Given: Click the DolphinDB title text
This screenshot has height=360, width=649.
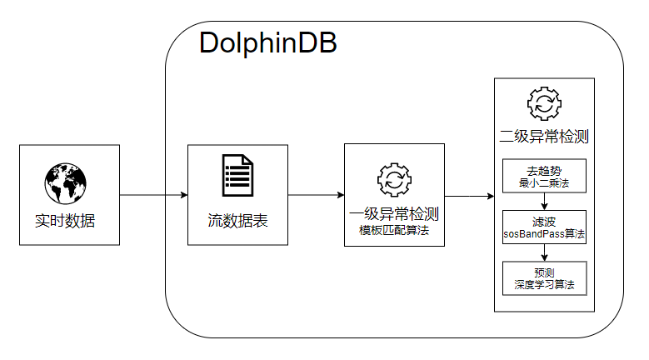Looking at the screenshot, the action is (267, 42).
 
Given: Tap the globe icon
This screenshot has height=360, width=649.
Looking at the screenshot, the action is (65, 183).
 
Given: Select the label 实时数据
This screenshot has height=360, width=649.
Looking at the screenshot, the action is (65, 221).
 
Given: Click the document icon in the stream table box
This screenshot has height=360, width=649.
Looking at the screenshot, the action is (237, 176).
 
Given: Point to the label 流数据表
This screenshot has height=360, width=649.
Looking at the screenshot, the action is (237, 221).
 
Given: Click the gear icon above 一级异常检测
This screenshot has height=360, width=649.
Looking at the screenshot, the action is (394, 180).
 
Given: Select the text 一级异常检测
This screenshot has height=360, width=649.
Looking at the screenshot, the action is (394, 214).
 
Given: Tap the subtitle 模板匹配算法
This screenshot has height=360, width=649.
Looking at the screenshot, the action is (394, 231).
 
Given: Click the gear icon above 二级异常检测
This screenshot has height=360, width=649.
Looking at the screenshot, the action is (544, 103).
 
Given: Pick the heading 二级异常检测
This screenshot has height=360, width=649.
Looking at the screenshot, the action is (544, 137).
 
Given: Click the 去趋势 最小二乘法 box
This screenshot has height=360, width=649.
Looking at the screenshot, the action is (544, 176).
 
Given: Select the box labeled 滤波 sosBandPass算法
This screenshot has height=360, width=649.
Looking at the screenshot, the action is (544, 227).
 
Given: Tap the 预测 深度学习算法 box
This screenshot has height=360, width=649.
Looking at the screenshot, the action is (544, 278).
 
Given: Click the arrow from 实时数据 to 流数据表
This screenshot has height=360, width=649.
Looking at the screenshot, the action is (153, 195).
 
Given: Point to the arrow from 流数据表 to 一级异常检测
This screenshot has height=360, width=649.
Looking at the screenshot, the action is (317, 195).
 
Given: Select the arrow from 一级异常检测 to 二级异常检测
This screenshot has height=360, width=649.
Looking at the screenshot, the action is (469, 196).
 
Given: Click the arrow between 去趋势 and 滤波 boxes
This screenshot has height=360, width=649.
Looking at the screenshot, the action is (544, 202).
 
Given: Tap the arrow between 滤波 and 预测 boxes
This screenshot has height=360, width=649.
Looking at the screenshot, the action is (544, 252).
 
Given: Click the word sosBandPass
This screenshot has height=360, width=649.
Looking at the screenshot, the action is (534, 234).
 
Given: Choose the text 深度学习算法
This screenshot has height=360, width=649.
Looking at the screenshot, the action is (544, 285).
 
